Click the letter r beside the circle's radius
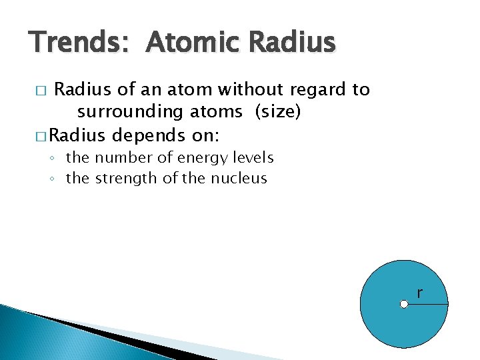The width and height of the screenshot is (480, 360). (x=419, y=293)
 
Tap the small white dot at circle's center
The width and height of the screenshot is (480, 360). (x=404, y=305)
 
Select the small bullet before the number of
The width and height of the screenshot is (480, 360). (x=53, y=159)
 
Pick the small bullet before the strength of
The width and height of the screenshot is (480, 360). (x=53, y=179)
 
